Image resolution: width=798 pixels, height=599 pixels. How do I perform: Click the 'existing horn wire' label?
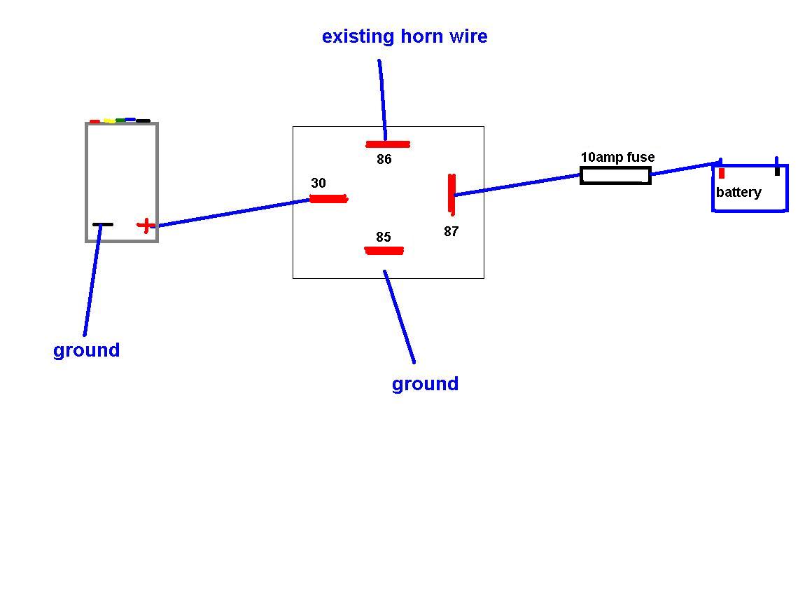(405, 36)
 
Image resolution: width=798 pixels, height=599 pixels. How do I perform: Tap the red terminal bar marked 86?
(388, 144)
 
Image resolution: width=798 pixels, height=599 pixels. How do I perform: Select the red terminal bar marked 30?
(328, 199)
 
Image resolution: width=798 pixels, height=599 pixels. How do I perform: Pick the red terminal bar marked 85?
(384, 251)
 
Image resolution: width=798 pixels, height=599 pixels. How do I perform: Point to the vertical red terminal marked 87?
(452, 193)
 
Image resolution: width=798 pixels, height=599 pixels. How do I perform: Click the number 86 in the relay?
(384, 160)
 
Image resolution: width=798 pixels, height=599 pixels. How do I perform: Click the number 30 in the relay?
(318, 184)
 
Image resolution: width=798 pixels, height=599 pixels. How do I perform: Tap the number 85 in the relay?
(383, 237)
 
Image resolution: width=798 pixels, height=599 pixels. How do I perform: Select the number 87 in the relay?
(451, 231)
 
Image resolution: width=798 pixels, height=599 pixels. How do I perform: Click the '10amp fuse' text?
(617, 158)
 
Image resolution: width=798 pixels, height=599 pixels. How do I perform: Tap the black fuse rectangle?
(615, 176)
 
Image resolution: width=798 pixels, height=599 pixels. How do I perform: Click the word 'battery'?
(738, 193)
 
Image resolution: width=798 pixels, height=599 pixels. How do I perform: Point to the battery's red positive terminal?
(722, 172)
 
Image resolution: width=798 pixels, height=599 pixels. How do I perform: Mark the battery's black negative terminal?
(777, 167)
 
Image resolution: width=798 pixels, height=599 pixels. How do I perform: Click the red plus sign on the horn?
(146, 226)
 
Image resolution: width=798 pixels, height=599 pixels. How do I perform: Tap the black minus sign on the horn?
(102, 225)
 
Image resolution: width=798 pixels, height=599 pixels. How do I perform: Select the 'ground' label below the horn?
(86, 350)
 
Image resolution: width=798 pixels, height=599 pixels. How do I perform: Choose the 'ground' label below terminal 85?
(425, 384)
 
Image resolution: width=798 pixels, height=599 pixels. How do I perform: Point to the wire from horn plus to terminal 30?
(231, 213)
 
